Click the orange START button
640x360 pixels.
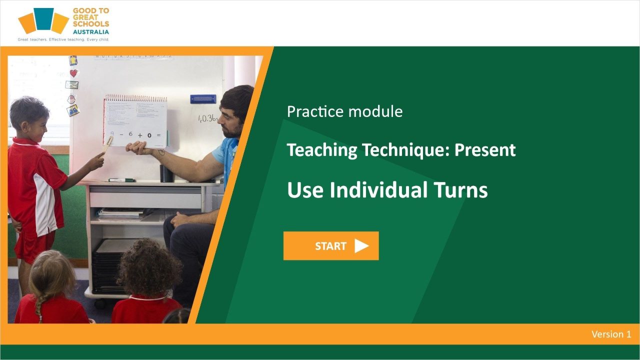tap(330, 245)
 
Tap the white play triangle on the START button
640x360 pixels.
tap(361, 245)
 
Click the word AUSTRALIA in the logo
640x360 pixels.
tap(91, 31)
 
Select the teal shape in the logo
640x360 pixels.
tap(44, 18)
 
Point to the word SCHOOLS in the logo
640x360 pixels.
tap(90, 24)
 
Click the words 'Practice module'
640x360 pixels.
tap(344, 111)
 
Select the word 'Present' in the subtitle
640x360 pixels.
tap(484, 149)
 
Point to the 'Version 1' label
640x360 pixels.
tap(611, 334)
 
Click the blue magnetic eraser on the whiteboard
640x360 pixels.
tap(203, 99)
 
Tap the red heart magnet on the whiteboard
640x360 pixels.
tap(73, 73)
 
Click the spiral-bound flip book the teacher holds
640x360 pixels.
tap(135, 120)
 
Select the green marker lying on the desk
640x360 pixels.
tap(121, 179)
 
